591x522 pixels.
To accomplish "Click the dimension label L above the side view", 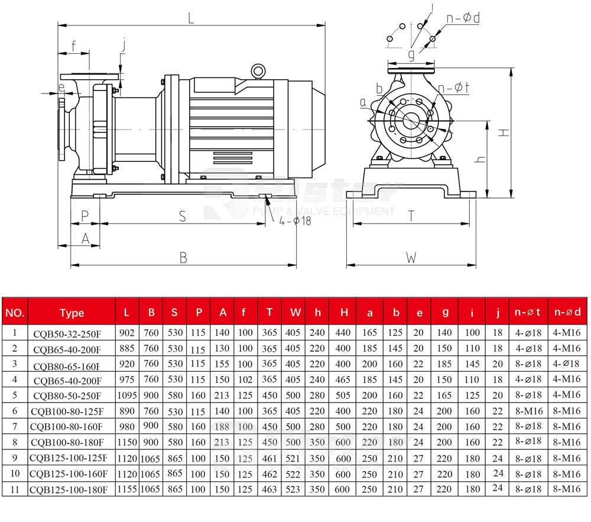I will pyautogui.click(x=191, y=18).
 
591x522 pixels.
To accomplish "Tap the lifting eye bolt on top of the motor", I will pyautogui.click(x=258, y=70).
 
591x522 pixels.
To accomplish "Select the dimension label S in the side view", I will pyautogui.click(x=183, y=217).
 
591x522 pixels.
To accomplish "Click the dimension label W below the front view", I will pyautogui.click(x=411, y=258).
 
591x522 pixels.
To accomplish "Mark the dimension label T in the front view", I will pyautogui.click(x=411, y=216).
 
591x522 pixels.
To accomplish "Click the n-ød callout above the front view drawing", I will pyautogui.click(x=463, y=18).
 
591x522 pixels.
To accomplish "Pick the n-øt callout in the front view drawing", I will pyautogui.click(x=454, y=88).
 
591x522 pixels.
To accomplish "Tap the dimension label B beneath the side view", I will pyautogui.click(x=183, y=258).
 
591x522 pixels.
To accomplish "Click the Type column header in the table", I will pyautogui.click(x=72, y=313).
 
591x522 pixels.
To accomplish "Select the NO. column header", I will pyautogui.click(x=15, y=313).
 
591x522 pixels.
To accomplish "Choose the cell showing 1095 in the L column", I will pyautogui.click(x=127, y=395).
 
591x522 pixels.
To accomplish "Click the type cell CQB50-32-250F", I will pyautogui.click(x=67, y=333).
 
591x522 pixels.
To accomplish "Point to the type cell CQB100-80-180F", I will pyautogui.click(x=67, y=442).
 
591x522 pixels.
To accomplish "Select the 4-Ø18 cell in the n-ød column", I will pyautogui.click(x=569, y=364).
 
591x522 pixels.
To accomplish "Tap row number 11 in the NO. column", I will pyautogui.click(x=15, y=489).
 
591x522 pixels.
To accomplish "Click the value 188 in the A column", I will pyautogui.click(x=223, y=426).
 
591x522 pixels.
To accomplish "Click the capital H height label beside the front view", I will pyautogui.click(x=504, y=132).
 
